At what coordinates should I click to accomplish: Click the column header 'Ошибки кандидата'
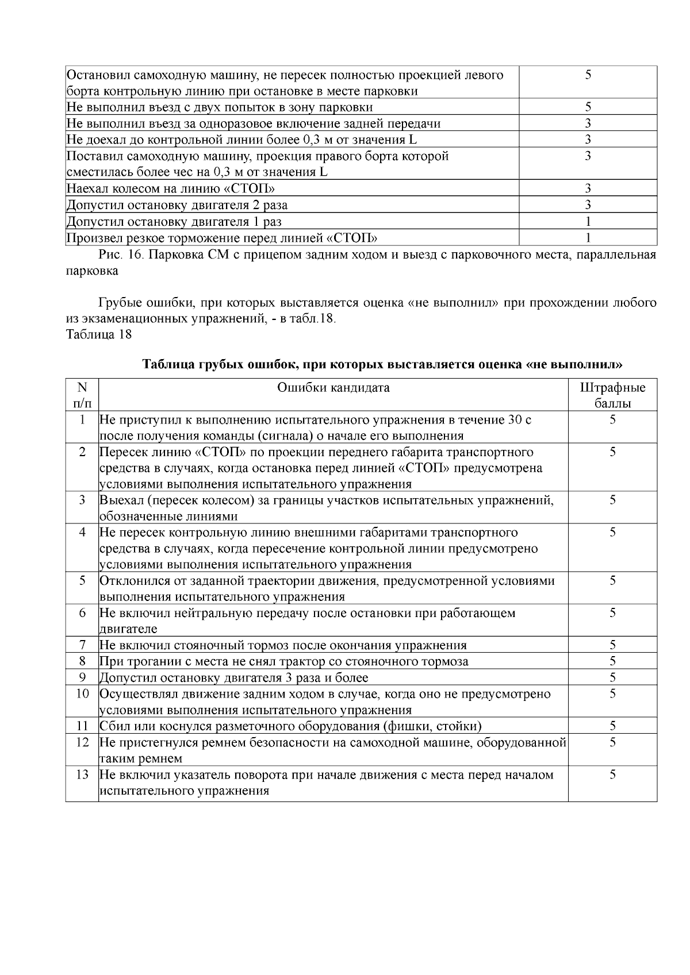point(333,387)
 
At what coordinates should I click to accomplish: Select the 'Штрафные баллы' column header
point(612,395)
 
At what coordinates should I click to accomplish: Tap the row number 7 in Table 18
point(82,645)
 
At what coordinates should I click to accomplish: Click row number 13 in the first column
point(82,774)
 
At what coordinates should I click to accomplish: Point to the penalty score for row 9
point(612,677)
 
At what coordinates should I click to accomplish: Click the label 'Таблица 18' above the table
point(99,334)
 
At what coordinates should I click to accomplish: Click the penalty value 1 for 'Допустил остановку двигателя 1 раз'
point(588,221)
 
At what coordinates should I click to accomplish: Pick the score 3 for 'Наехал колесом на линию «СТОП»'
point(588,188)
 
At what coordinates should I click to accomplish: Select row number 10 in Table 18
point(82,693)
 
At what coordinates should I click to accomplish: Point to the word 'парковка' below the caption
point(93,271)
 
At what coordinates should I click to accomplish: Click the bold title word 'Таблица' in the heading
point(167,364)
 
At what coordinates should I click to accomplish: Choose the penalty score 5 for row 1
point(612,420)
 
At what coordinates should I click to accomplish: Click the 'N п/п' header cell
point(82,395)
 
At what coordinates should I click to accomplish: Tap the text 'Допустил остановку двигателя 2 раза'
point(177,205)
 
